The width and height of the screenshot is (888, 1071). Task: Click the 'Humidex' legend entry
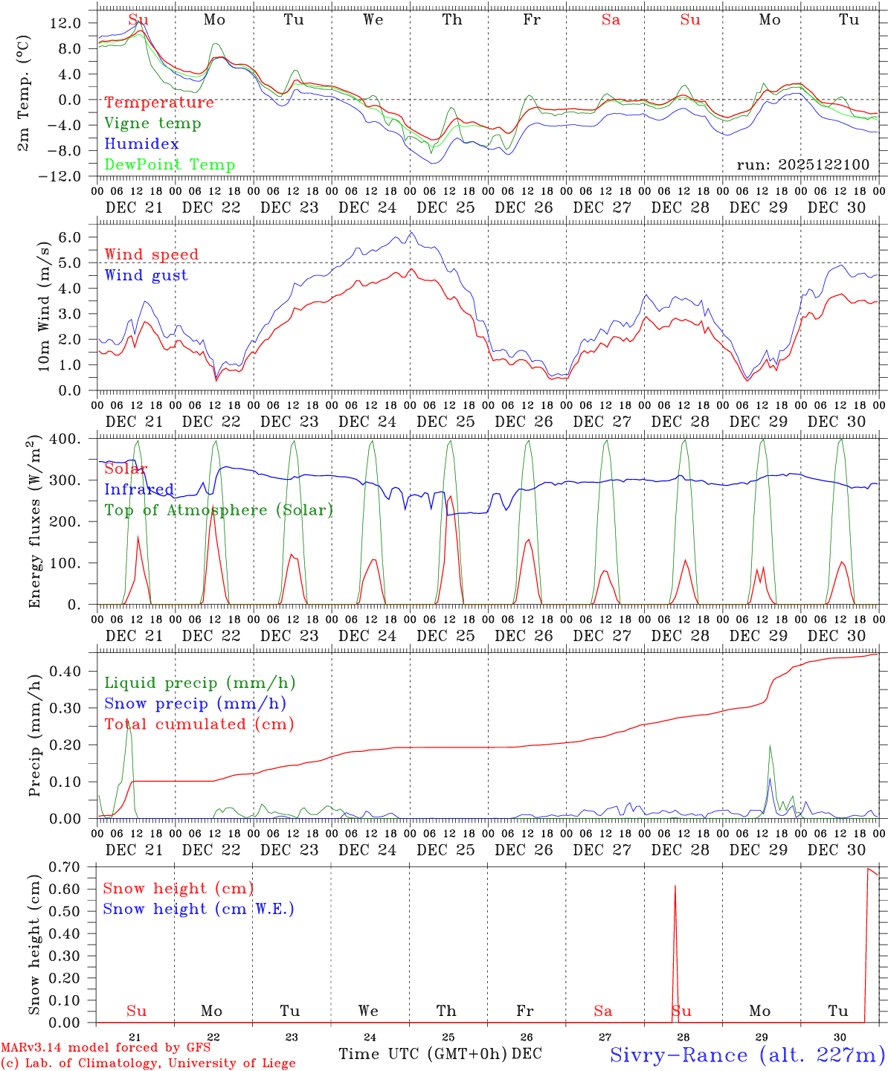pyautogui.click(x=141, y=144)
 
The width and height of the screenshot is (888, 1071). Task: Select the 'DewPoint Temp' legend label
pyautogui.click(x=170, y=165)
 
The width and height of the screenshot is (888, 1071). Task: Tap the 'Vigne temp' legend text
pyautogui.click(x=152, y=123)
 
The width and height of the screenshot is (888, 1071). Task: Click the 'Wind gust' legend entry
pyautogui.click(x=146, y=275)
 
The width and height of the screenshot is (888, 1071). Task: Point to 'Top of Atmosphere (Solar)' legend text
pyautogui.click(x=219, y=510)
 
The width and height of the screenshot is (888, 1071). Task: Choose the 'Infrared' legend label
pyautogui.click(x=139, y=489)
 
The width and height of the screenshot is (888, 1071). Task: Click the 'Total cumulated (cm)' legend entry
pyautogui.click(x=199, y=724)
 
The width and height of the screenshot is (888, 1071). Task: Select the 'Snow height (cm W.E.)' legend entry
pyautogui.click(x=199, y=909)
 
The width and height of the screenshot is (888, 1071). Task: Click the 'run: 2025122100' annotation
pyautogui.click(x=802, y=165)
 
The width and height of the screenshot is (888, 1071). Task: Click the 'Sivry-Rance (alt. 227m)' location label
pyautogui.click(x=747, y=1055)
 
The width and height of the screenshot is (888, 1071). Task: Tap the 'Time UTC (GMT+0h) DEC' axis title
pyautogui.click(x=440, y=1054)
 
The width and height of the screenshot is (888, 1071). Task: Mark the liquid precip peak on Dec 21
pyautogui.click(x=129, y=724)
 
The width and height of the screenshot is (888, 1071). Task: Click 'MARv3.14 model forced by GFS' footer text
pyautogui.click(x=106, y=1048)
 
